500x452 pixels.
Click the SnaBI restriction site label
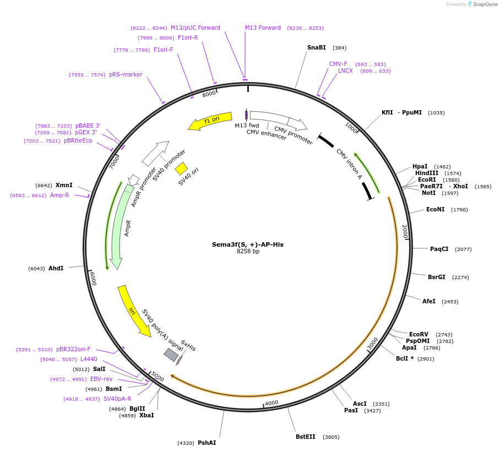coord(316,47)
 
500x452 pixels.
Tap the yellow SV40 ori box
coord(181,168)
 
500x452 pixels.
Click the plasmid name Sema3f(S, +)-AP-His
coord(248,244)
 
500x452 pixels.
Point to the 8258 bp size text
coord(248,252)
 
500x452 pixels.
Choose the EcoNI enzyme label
coord(435,210)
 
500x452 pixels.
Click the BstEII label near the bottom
coord(306,437)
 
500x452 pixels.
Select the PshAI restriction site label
coord(206,443)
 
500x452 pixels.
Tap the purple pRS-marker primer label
coord(126,75)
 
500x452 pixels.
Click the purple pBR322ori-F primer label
coord(73,349)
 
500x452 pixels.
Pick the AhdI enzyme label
coord(56,268)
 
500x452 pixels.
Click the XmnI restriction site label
coord(64,186)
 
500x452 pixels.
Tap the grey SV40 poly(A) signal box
coord(171,355)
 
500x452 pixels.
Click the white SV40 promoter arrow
coord(155,154)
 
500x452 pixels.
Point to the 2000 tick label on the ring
coord(405,231)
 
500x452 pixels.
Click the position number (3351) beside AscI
coord(381,404)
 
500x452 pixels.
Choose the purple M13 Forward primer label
coord(263,28)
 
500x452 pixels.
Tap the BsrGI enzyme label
coord(437,277)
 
